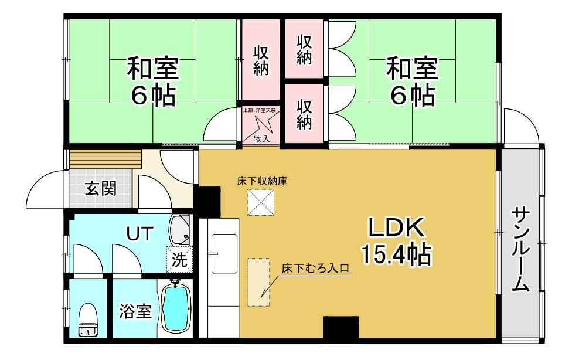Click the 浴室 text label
(136, 311)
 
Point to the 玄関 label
(100, 189)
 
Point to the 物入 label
(261, 138)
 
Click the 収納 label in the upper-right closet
(304, 50)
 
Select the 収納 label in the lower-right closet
(304, 114)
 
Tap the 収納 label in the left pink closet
(261, 60)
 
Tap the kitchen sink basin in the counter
(225, 253)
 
